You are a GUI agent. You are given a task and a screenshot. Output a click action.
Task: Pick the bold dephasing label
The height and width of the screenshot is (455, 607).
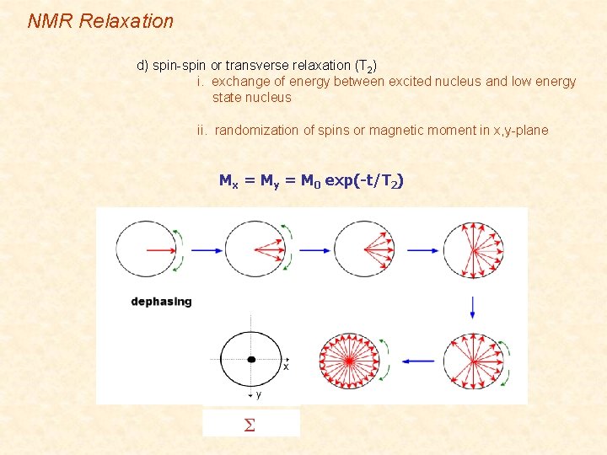pyautogui.click(x=161, y=302)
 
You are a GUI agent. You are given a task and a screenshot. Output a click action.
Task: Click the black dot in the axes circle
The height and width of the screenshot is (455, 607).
pyautogui.click(x=251, y=360)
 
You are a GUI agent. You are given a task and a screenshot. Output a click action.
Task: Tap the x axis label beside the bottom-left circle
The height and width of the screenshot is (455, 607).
pyautogui.click(x=286, y=367)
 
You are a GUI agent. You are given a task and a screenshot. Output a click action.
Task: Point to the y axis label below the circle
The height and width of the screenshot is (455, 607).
pyautogui.click(x=257, y=394)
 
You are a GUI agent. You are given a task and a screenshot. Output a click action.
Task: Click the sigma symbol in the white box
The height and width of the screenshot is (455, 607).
pyautogui.click(x=250, y=425)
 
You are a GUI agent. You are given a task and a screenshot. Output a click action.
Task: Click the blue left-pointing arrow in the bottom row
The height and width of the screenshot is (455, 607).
pyautogui.click(x=417, y=361)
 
